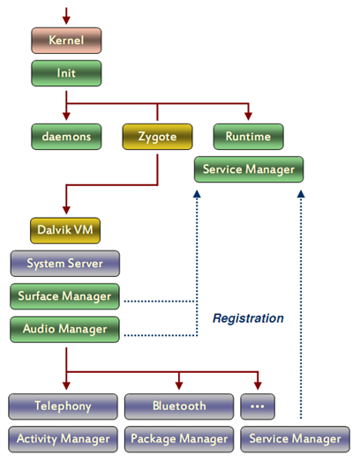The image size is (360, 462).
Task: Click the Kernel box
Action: (66, 41)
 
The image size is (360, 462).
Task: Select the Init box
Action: (66, 73)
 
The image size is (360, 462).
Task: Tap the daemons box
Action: (66, 137)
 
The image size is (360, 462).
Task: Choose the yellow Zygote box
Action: (157, 137)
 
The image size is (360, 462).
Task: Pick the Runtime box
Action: (248, 137)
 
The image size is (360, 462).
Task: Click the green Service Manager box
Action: (249, 169)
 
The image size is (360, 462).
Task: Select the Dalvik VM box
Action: (65, 230)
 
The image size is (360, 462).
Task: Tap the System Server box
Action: (65, 264)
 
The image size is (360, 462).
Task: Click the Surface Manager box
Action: (65, 296)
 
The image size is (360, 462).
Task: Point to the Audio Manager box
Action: (65, 330)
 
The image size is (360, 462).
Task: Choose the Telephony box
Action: (63, 406)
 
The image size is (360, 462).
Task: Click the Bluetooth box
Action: (179, 406)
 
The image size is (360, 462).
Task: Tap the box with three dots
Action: (258, 406)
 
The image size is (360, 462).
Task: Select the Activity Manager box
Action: (63, 439)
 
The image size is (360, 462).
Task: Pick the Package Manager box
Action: (179, 439)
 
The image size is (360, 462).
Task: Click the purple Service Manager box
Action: (295, 439)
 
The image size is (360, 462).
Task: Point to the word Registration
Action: (248, 318)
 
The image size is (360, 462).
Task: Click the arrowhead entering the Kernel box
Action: (66, 20)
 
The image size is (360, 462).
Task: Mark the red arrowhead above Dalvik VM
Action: (66, 210)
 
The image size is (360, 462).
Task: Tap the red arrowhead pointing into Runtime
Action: (248, 116)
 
